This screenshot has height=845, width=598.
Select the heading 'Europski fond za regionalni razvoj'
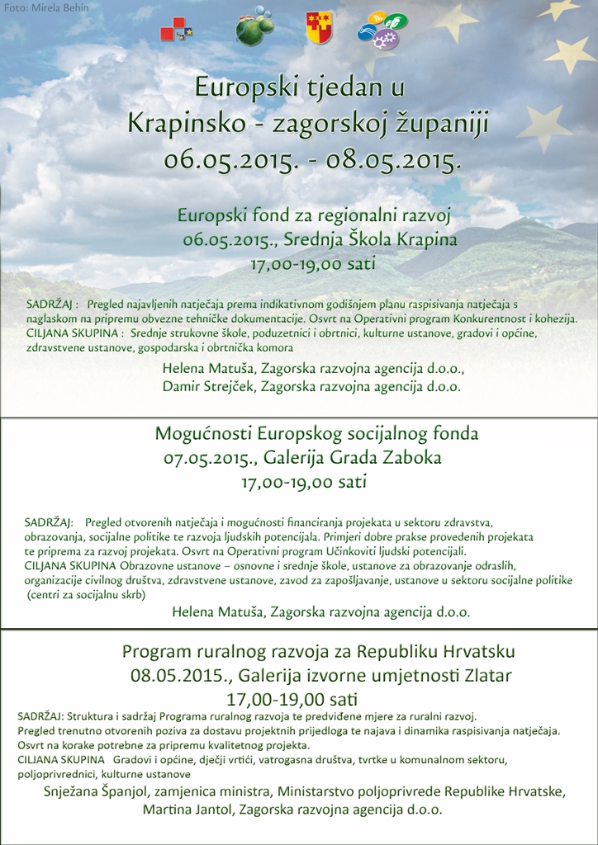[x=313, y=216]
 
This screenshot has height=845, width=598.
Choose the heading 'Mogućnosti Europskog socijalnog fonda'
[x=316, y=433]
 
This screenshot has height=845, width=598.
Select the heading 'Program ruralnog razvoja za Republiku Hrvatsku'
[x=319, y=652]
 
